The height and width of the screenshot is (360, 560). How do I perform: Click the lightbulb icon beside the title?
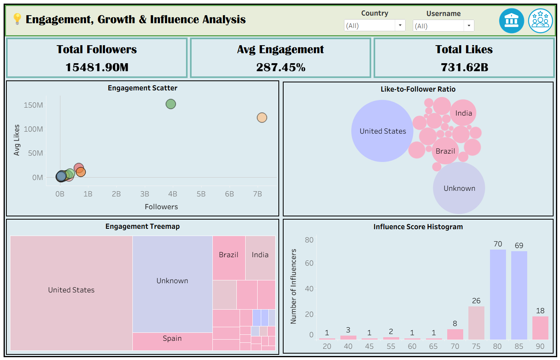click(x=17, y=19)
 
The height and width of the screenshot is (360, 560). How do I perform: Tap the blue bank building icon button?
click(x=512, y=21)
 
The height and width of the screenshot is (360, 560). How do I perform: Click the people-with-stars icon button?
click(x=540, y=21)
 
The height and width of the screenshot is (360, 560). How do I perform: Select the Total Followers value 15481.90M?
click(x=97, y=67)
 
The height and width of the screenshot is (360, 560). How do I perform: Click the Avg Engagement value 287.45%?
click(x=281, y=67)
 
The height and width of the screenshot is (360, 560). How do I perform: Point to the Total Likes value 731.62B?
click(x=464, y=67)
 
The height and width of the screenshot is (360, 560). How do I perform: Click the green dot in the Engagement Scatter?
click(x=171, y=104)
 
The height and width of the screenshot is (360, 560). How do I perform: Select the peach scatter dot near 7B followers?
click(x=262, y=118)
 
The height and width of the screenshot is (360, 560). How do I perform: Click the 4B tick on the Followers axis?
click(x=172, y=194)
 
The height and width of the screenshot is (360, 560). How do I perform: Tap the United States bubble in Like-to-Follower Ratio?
click(x=382, y=131)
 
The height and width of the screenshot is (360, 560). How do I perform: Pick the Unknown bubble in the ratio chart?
click(x=459, y=188)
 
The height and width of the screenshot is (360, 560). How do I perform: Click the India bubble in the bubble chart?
click(x=463, y=112)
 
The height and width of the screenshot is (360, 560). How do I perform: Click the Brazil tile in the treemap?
click(x=229, y=258)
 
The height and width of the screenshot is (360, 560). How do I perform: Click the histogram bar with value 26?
click(x=476, y=323)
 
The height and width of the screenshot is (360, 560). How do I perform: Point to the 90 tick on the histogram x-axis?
click(x=540, y=346)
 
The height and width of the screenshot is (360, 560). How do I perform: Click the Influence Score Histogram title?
click(x=418, y=227)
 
